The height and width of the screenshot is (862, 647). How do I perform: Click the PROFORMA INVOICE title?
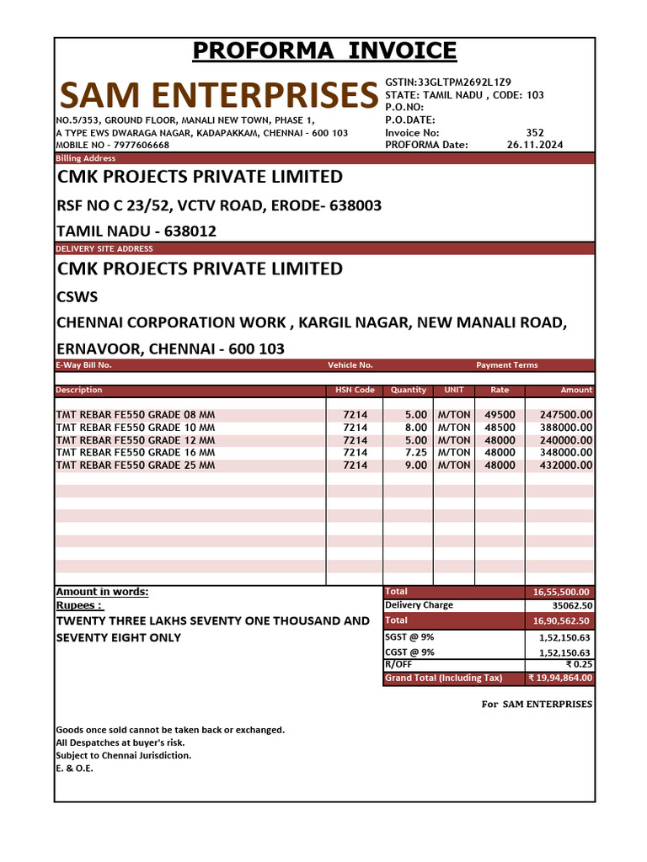point(324,51)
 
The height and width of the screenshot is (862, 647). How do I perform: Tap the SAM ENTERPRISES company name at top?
point(217,96)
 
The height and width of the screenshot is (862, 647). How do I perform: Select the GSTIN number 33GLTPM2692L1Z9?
point(448,82)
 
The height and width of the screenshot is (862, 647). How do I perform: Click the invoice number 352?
point(535,132)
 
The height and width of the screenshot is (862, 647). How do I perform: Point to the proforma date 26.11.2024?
point(535,145)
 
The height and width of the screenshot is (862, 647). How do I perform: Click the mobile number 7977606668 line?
point(112,145)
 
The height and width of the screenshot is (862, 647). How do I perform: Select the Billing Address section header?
point(85,158)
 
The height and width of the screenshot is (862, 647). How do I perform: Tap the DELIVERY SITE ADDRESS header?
point(104,248)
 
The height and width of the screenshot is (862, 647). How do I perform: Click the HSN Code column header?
point(354,391)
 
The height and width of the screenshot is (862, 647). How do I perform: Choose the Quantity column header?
point(409,391)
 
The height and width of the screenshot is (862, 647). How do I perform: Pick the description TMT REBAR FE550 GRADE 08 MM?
point(136,415)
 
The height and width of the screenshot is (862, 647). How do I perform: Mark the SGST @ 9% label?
point(409,637)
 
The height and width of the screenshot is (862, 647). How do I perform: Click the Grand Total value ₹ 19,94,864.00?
point(559,678)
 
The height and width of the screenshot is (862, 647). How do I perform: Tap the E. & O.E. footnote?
point(74,768)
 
